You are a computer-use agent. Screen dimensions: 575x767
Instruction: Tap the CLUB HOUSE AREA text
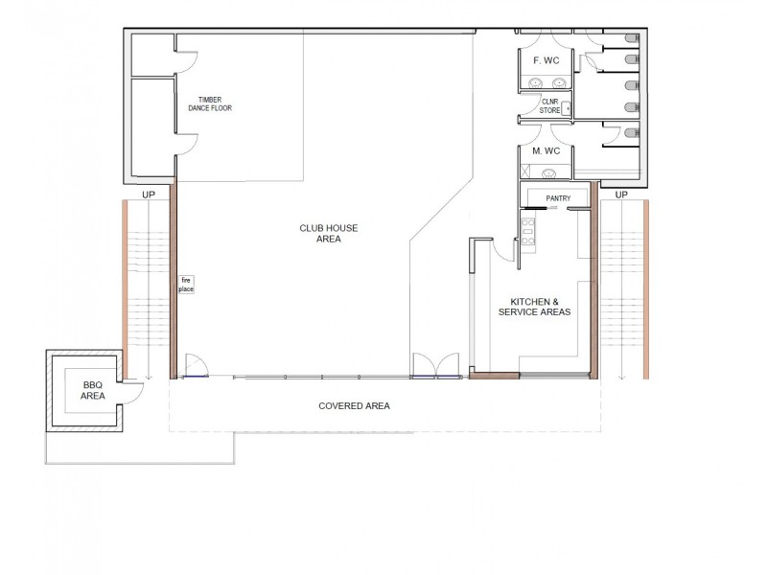[x=329, y=233]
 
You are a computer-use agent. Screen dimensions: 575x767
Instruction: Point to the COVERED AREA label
[x=354, y=406]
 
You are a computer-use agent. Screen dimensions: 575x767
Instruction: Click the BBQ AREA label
[x=93, y=389]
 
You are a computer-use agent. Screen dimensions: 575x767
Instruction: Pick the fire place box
[x=186, y=285]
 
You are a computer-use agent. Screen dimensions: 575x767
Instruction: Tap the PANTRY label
[x=558, y=198]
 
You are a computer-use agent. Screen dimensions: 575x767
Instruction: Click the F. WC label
[x=546, y=60]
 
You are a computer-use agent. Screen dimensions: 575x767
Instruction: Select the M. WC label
[x=546, y=151]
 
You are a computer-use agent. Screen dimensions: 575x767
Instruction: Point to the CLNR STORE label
[x=549, y=105]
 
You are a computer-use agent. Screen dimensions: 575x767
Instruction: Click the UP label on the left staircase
[x=149, y=195]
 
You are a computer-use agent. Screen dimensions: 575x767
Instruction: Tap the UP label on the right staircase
[x=620, y=195]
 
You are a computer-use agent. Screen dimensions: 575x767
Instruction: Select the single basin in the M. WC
[x=549, y=173]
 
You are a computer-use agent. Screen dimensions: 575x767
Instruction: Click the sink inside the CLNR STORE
[x=567, y=108]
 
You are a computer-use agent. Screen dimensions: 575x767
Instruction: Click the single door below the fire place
[x=195, y=367]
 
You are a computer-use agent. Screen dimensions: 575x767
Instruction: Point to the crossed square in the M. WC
[x=524, y=172]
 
